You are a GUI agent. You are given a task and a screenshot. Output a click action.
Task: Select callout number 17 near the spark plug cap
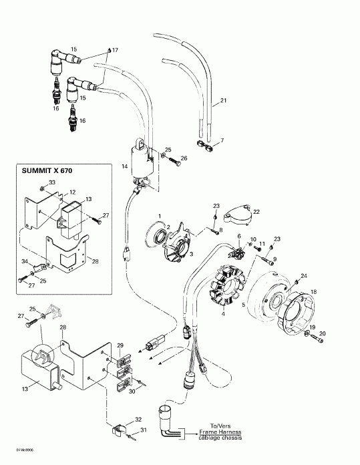click(114, 51)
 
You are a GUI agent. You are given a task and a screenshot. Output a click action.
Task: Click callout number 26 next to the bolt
click(184, 158)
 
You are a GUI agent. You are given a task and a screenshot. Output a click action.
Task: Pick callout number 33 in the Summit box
click(52, 182)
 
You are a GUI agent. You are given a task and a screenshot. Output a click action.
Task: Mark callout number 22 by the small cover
click(256, 211)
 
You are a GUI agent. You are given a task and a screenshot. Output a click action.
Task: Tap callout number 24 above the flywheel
click(304, 276)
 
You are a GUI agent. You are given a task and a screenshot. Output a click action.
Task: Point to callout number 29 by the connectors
click(120, 344)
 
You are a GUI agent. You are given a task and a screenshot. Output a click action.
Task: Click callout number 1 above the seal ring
click(160, 214)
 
